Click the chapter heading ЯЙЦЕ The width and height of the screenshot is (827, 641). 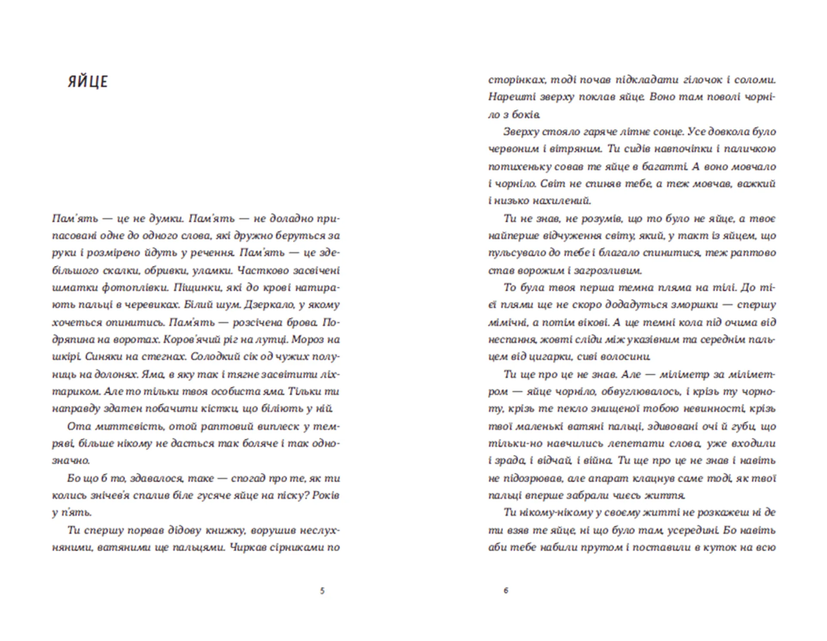click(x=87, y=81)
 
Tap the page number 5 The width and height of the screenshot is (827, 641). click(x=322, y=591)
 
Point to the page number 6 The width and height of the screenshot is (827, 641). click(x=506, y=590)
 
